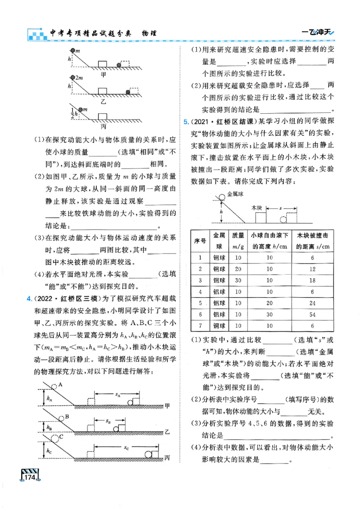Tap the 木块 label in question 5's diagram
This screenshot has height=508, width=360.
tap(257, 208)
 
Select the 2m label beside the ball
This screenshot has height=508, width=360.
tap(79, 77)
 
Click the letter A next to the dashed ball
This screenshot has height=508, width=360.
tap(60, 385)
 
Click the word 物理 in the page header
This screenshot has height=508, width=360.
tap(145, 33)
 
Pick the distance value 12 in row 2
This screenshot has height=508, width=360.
tap(311, 268)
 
